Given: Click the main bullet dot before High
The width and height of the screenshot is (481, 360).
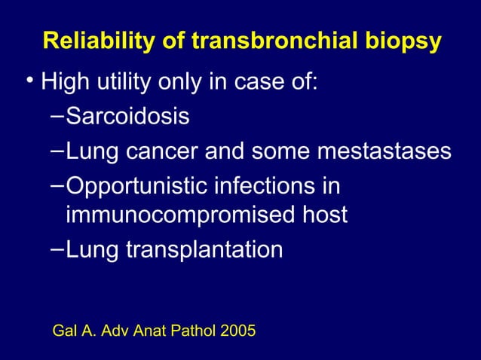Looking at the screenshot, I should click(x=28, y=81).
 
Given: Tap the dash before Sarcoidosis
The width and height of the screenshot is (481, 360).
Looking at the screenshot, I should click(x=58, y=115).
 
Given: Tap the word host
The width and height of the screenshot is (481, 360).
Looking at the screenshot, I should click(x=323, y=215).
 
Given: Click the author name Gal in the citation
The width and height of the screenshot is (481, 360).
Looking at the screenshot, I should click(x=65, y=330).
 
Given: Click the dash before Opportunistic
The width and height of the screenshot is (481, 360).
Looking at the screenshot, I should click(x=58, y=183).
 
